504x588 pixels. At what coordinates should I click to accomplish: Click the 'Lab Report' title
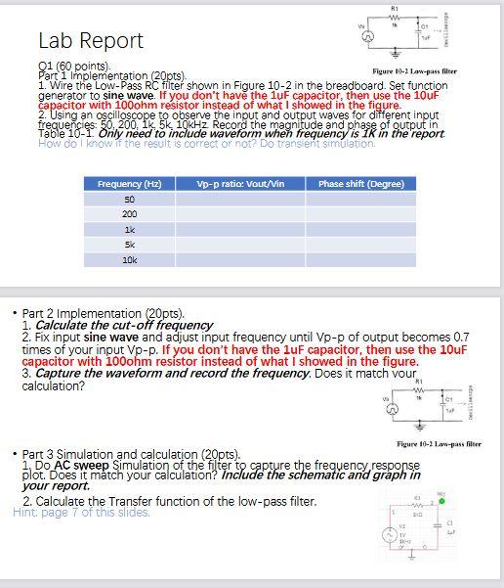click(x=90, y=41)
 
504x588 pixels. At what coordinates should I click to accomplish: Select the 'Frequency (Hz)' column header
click(x=129, y=184)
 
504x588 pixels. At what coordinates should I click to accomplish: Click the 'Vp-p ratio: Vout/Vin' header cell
click(x=233, y=184)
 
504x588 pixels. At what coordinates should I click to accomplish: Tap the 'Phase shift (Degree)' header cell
click(x=360, y=184)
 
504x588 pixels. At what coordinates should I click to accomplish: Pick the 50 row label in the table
click(x=129, y=199)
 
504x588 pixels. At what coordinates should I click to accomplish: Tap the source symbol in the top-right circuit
click(x=368, y=36)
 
